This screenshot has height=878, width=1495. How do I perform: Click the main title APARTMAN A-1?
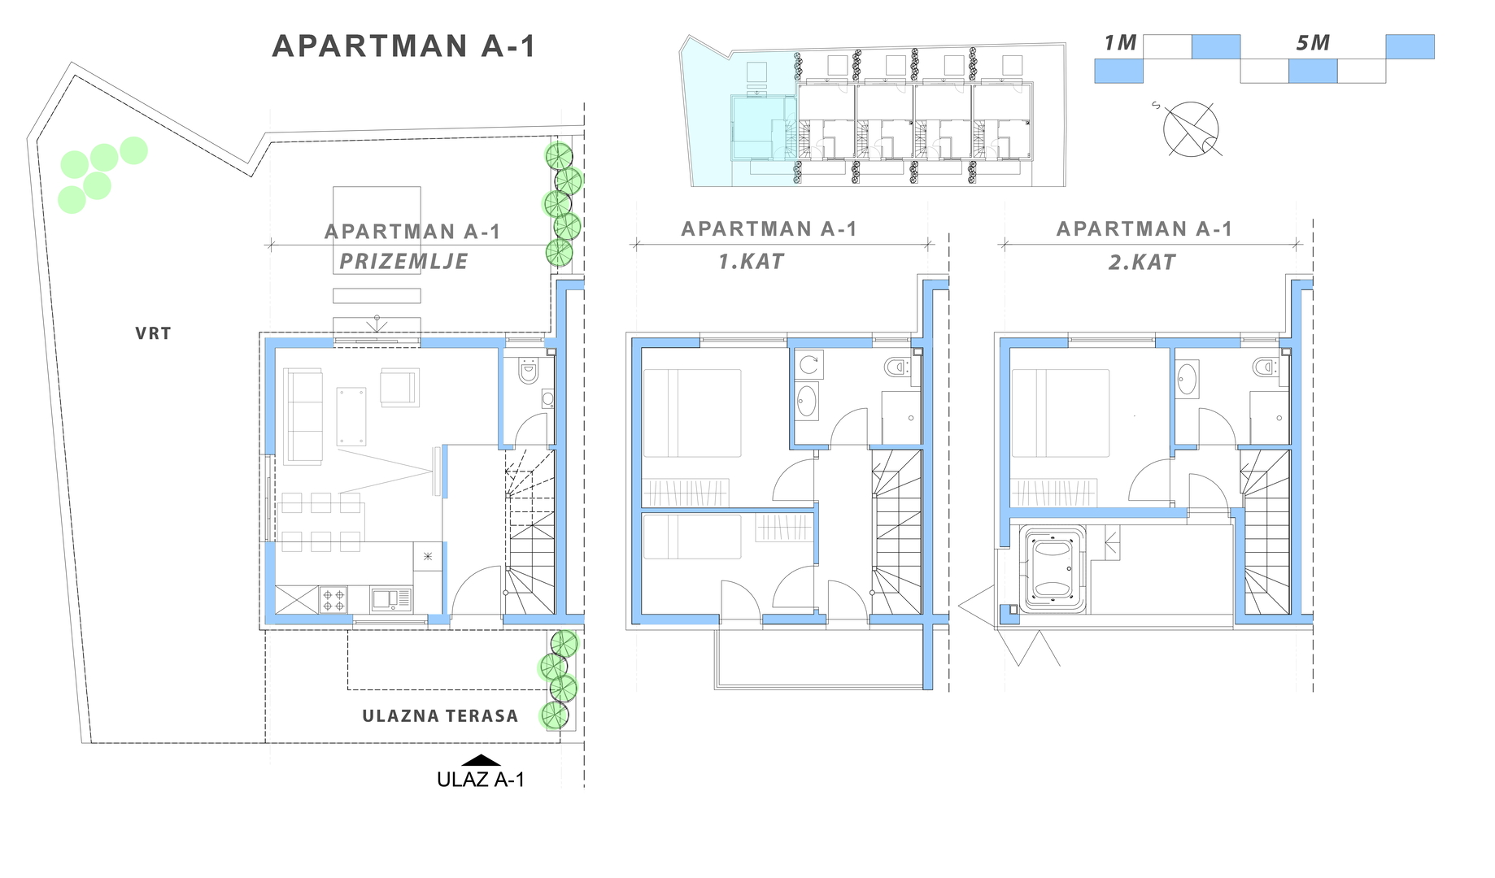tap(404, 46)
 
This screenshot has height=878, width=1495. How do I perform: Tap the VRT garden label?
tap(153, 333)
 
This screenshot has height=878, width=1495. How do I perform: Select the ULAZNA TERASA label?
tap(440, 716)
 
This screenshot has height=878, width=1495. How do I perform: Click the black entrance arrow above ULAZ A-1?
tap(481, 761)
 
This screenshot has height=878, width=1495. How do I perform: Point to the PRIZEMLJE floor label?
tap(403, 262)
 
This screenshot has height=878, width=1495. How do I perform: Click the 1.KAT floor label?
tap(751, 262)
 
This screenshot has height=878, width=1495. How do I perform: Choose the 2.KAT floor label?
tap(1142, 263)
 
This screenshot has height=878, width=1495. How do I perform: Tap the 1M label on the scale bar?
tap(1120, 43)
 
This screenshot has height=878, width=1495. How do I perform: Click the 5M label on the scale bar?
tap(1313, 43)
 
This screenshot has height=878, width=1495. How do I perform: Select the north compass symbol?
tap(1191, 129)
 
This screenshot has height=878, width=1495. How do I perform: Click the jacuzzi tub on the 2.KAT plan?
tap(1054, 569)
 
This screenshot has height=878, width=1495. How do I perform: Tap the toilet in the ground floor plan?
tap(529, 371)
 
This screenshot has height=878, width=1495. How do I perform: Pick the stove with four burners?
tap(333, 600)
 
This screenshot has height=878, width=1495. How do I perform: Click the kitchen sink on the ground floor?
tap(391, 600)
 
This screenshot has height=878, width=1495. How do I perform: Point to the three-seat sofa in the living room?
tap(303, 415)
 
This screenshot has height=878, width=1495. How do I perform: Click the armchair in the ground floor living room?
tap(400, 388)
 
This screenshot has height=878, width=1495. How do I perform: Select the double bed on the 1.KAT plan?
tap(692, 413)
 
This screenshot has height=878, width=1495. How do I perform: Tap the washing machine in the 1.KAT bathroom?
tap(809, 365)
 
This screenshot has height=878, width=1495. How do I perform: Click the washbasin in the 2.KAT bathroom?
tap(1187, 379)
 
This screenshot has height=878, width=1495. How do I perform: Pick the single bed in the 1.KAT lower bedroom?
tap(692, 537)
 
